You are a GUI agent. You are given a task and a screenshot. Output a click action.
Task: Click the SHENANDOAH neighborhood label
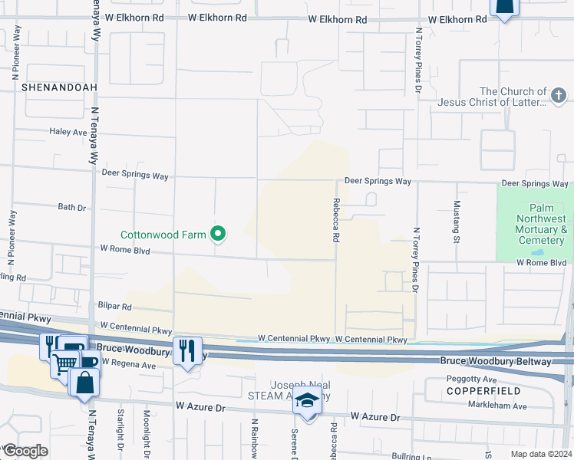click(x=59, y=87)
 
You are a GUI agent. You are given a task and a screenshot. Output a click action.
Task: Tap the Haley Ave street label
click(x=68, y=132)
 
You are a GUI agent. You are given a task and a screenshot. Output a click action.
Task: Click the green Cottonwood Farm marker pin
click(x=218, y=235)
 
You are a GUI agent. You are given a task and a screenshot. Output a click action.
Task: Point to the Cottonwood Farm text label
click(x=163, y=235)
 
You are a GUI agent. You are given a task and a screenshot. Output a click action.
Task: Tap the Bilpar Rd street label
click(x=115, y=306)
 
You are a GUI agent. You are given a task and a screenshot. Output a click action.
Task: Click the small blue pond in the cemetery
click(x=537, y=251)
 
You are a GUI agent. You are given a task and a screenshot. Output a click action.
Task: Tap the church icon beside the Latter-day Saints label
click(x=559, y=95)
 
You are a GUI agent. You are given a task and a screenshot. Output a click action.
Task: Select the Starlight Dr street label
click(x=120, y=434)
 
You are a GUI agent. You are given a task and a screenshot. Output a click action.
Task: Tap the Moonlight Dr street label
click(x=146, y=434)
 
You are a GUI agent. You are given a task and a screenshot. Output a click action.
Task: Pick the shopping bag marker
click(x=84, y=381)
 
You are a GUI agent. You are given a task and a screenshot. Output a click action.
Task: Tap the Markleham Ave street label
click(x=498, y=406)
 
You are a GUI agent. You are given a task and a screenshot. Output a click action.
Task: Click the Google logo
click(x=25, y=452)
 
